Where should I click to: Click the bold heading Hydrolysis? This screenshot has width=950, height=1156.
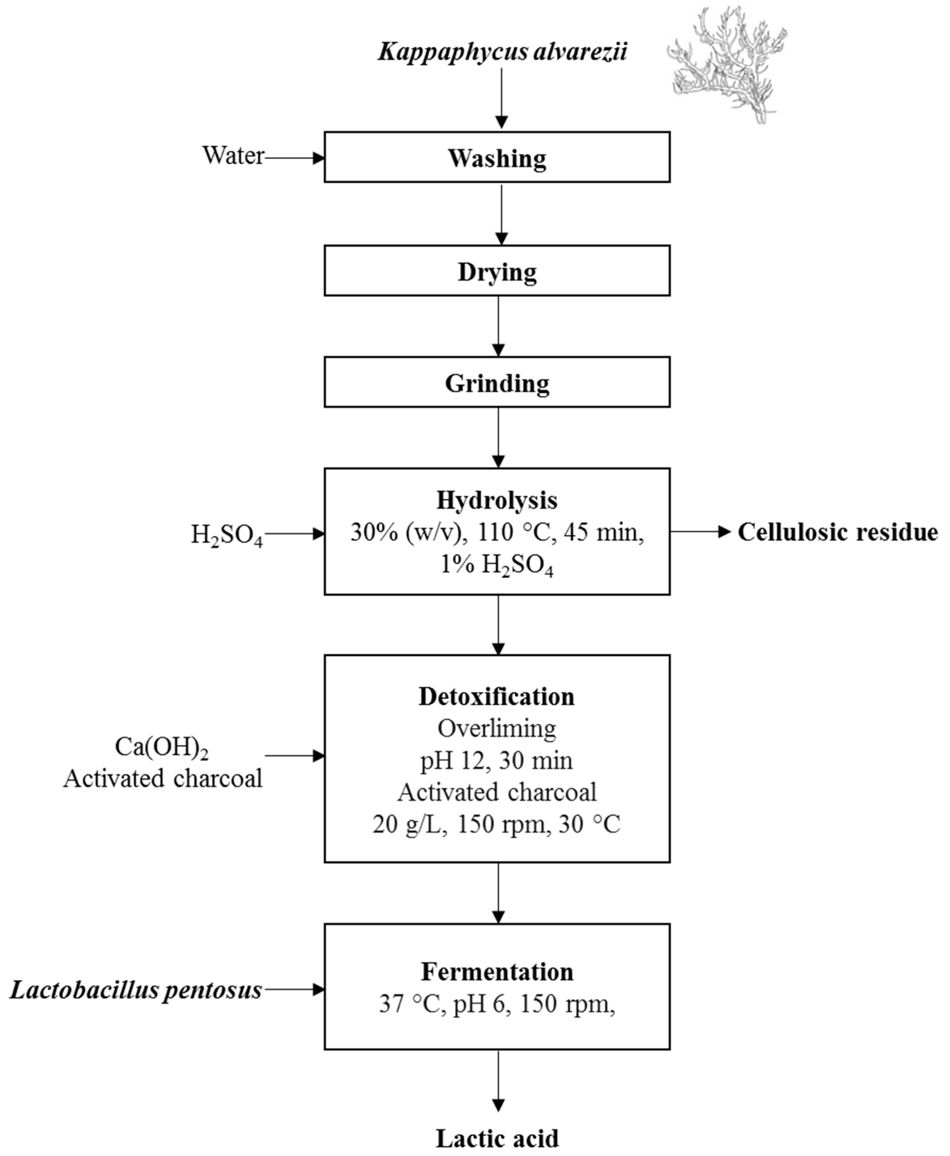point(497,500)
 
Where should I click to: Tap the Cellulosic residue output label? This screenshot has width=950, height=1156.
point(837,532)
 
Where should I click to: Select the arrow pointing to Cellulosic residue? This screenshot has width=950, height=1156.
point(700,531)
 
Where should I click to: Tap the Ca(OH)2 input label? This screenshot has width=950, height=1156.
point(161,747)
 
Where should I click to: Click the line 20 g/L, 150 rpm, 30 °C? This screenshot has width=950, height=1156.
point(497,824)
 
